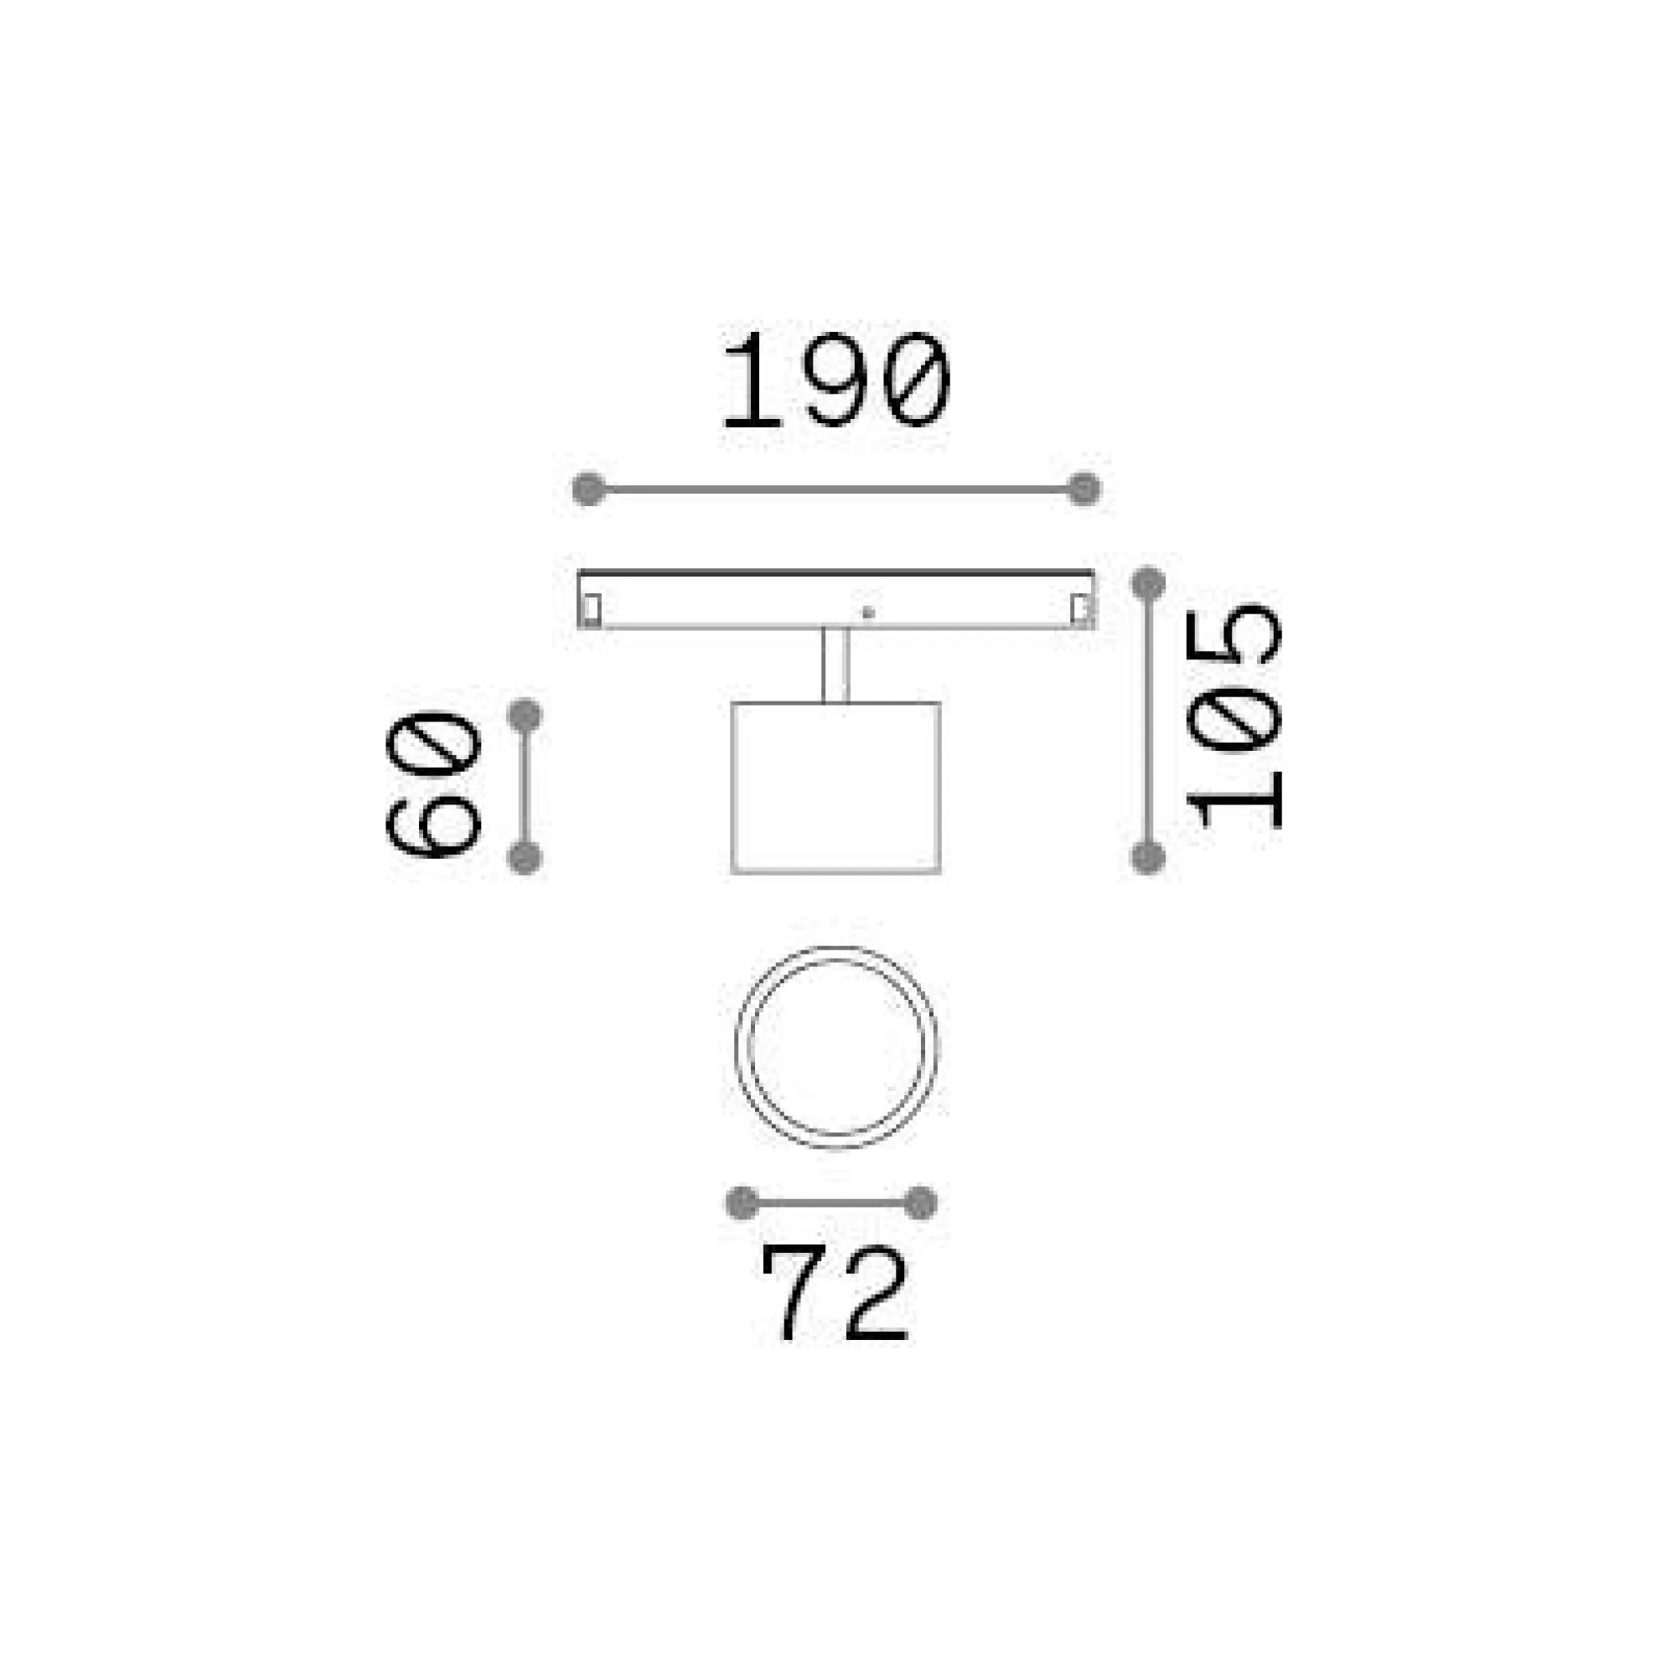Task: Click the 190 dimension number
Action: [837, 380]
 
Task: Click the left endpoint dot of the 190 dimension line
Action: [589, 489]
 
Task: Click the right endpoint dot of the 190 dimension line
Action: [1084, 489]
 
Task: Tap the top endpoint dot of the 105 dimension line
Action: [1148, 583]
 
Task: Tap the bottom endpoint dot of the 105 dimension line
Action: [1148, 858]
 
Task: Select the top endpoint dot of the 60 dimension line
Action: [525, 715]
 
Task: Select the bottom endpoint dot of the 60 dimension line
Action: [525, 858]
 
